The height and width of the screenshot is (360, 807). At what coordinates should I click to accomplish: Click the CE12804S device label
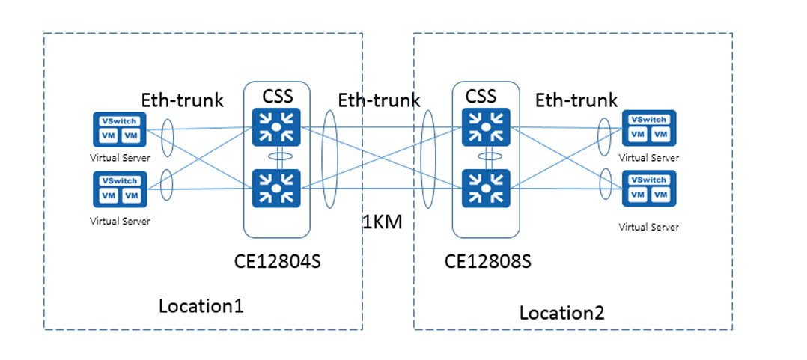tap(278, 261)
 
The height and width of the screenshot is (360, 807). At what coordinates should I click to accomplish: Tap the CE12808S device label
tap(487, 261)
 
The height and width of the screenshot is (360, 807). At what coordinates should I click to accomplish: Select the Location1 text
tap(201, 306)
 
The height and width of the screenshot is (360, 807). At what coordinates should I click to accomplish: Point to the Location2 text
tap(562, 312)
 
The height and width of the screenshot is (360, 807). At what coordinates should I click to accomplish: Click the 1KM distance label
tap(382, 222)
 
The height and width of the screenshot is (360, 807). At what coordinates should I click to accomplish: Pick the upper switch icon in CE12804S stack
tap(277, 127)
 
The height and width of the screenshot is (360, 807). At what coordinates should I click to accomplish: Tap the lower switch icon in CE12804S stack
tap(277, 188)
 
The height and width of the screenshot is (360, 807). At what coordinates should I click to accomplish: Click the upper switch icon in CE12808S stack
tap(486, 127)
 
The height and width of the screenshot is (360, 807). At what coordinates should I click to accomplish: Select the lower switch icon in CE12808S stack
tap(486, 188)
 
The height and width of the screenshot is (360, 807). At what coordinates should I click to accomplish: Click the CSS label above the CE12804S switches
tap(278, 97)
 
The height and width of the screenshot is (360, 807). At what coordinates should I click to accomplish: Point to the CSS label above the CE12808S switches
tap(481, 96)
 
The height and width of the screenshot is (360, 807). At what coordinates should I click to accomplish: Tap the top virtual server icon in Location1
tap(120, 129)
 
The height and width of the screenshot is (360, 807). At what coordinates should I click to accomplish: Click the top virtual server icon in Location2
tap(648, 128)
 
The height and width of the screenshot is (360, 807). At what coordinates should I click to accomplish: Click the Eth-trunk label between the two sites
tap(379, 100)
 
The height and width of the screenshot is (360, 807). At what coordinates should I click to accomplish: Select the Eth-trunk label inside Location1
tap(183, 100)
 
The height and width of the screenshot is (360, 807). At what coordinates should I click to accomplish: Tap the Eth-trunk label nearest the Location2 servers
tap(576, 100)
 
